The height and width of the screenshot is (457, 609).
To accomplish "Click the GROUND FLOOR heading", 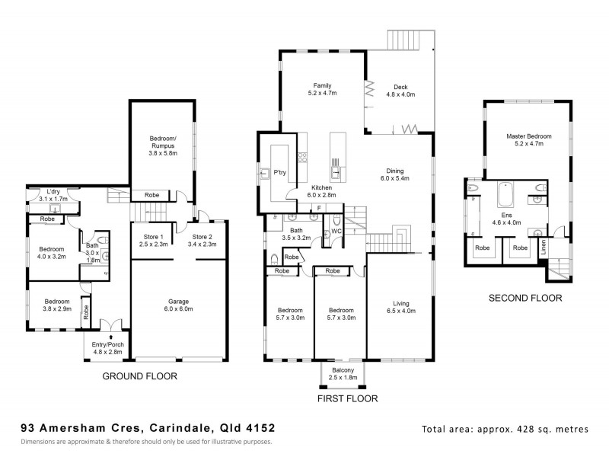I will (x=140, y=376).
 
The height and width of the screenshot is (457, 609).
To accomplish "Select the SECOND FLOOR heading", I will (x=525, y=298).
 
